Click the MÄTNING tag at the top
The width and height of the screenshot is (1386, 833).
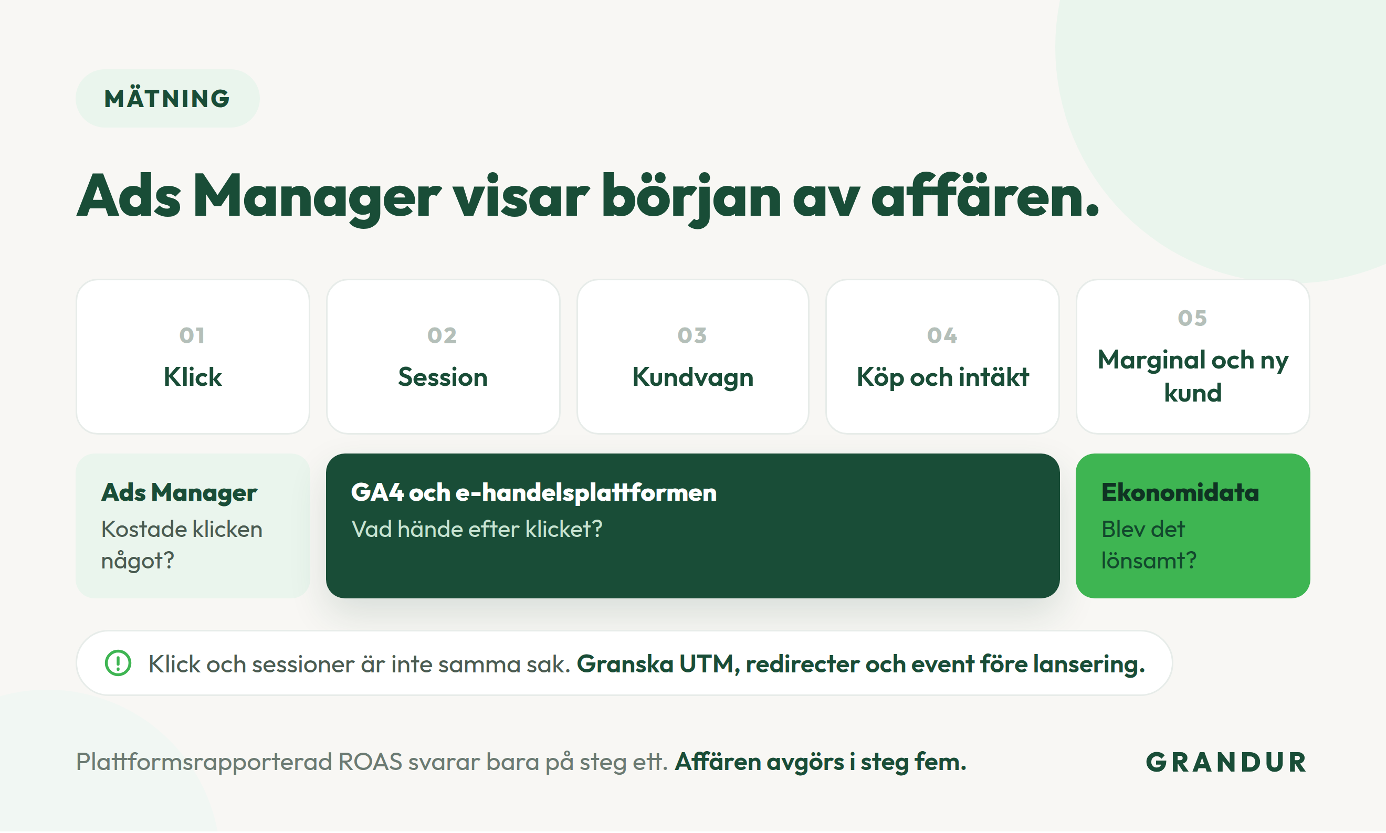click(167, 99)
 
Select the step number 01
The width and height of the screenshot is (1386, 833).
click(192, 336)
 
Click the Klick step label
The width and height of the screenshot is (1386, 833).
click(193, 377)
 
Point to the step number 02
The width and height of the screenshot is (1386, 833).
click(443, 336)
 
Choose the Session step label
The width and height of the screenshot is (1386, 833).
click(443, 377)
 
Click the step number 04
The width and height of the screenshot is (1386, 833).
click(942, 336)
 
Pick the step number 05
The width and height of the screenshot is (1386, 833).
click(1192, 318)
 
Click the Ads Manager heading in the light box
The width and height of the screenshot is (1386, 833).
click(179, 493)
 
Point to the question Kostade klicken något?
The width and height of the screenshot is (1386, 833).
click(182, 545)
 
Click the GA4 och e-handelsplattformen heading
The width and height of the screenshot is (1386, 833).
click(534, 493)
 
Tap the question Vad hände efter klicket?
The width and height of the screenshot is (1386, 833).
click(477, 529)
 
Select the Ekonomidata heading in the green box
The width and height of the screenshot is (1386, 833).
click(1180, 493)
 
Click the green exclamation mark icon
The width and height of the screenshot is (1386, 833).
click(118, 663)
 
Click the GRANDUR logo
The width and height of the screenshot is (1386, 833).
click(1226, 763)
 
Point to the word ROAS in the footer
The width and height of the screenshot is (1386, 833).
click(370, 762)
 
